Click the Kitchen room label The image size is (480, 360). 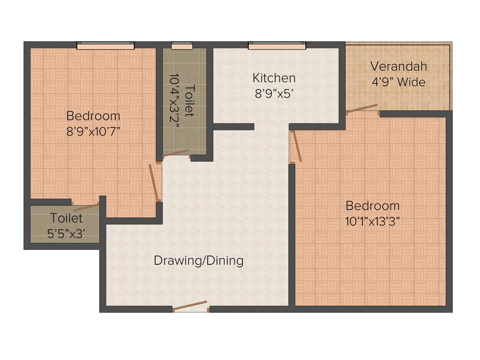point(274,78)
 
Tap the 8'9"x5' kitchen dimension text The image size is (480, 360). point(274,93)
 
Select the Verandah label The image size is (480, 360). point(398,66)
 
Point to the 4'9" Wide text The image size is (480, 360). point(398,82)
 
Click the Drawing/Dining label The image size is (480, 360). point(199,261)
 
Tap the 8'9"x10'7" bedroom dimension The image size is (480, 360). point(93,131)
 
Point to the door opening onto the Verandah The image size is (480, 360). point(362,108)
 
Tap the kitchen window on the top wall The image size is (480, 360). point(277,45)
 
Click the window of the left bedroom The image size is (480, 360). point(105,45)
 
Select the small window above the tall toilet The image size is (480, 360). point(181,45)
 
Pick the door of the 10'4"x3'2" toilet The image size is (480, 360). point(176,153)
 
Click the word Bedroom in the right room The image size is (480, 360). point(373,205)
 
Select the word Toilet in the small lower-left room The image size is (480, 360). point(67,218)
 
